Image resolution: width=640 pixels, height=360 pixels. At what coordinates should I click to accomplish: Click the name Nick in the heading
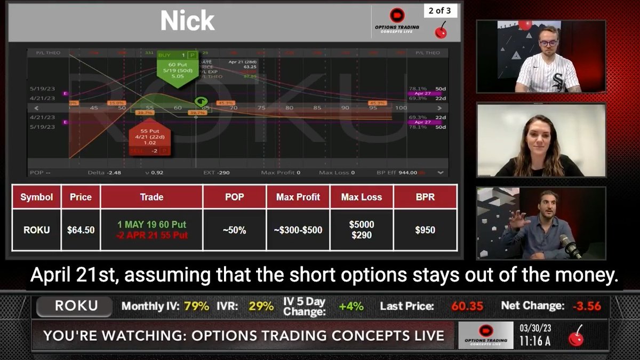pyautogui.click(x=187, y=21)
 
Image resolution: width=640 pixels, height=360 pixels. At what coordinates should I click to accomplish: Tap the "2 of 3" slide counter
pyautogui.click(x=440, y=11)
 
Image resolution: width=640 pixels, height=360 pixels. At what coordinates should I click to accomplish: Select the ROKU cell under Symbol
pyautogui.click(x=36, y=230)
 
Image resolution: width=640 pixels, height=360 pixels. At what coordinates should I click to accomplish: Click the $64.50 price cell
pyautogui.click(x=81, y=230)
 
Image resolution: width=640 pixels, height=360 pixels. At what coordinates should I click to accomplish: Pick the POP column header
pyautogui.click(x=234, y=197)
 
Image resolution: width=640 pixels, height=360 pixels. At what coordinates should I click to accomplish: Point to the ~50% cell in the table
pyautogui.click(x=234, y=230)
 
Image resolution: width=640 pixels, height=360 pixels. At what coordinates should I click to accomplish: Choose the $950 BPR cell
pyautogui.click(x=425, y=230)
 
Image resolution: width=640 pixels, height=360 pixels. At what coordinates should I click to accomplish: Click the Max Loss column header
pyautogui.click(x=362, y=197)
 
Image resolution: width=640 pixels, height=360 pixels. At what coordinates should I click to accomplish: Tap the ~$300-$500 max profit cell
pyautogui.click(x=299, y=230)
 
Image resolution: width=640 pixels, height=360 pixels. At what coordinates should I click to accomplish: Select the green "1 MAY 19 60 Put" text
pyautogui.click(x=151, y=225)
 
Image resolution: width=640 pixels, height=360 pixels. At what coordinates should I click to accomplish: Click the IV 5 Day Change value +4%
pyautogui.click(x=351, y=306)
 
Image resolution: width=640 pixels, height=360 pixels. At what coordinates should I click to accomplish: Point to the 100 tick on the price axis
pyautogui.click(x=401, y=108)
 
